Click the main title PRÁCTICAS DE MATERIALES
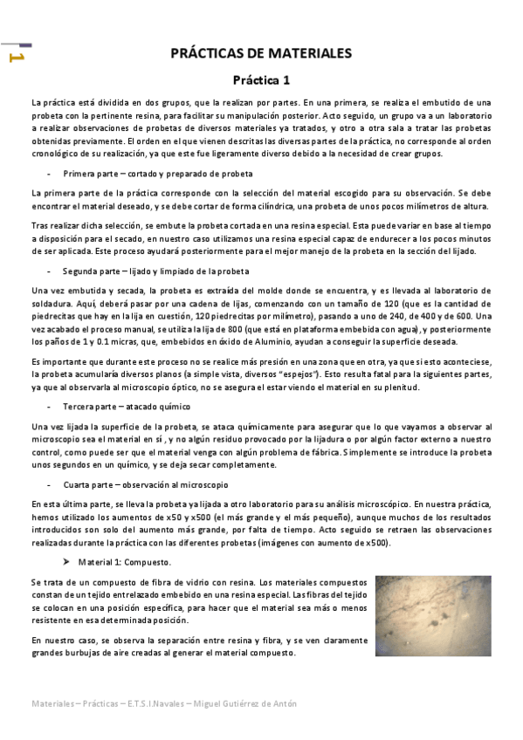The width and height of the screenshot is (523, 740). point(260,53)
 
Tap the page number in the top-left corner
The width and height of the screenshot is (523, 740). point(15,58)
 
